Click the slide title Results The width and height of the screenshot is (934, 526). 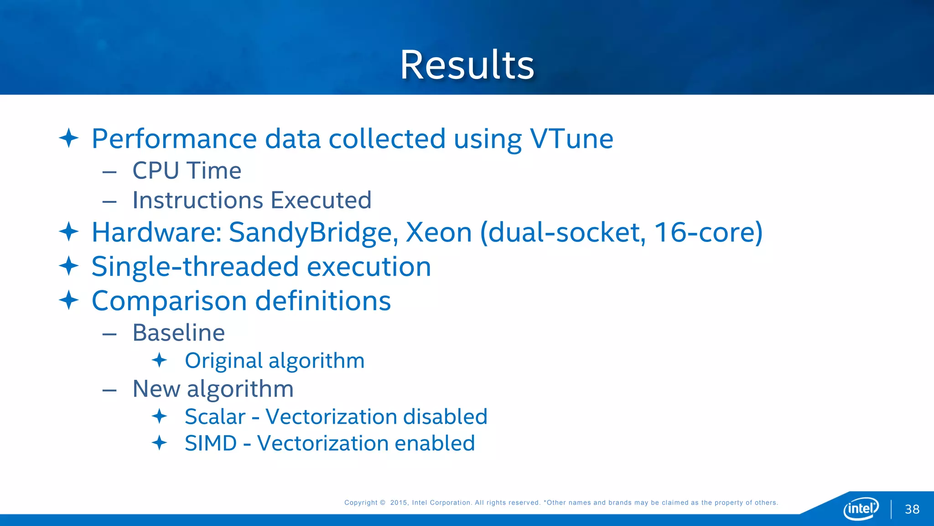[467, 65]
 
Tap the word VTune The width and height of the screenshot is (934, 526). [571, 138]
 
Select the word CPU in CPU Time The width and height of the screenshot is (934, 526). [156, 171]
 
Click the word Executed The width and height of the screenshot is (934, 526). [321, 200]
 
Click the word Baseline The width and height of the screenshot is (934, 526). [178, 332]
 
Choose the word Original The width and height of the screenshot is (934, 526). [223, 361]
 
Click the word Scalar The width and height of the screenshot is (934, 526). [215, 416]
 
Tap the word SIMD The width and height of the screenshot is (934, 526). [211, 443]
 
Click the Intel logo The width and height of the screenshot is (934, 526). [861, 508]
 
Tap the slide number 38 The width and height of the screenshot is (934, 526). [912, 510]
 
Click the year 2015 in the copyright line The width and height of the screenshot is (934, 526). [399, 503]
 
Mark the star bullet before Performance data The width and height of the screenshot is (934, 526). [69, 138]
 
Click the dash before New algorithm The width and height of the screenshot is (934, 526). [109, 390]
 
